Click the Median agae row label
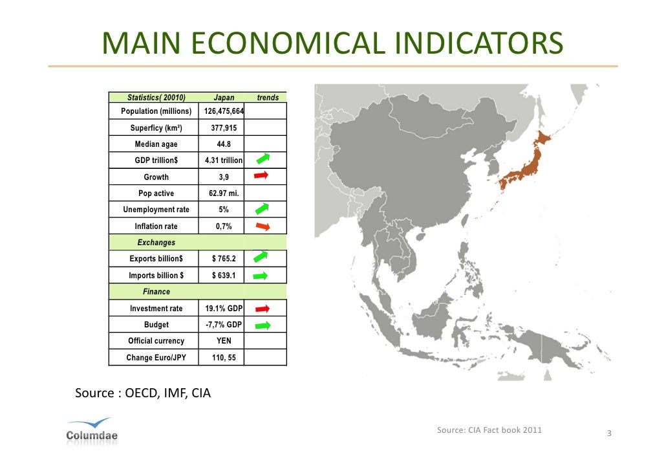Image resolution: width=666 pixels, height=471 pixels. point(156,144)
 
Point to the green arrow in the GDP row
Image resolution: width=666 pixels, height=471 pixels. point(262,159)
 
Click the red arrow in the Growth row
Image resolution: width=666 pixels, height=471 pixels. point(261,175)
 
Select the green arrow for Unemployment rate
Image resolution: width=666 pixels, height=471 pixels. point(261,208)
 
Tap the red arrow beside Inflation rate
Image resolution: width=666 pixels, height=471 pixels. point(262,226)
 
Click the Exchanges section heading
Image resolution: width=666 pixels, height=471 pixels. point(156,243)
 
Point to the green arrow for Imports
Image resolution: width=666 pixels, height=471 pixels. point(261,276)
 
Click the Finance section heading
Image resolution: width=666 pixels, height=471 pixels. point(156,292)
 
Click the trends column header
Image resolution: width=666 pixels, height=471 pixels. point(268,98)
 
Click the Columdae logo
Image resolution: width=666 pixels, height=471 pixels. point(92,430)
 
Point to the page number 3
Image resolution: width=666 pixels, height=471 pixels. point(609,433)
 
